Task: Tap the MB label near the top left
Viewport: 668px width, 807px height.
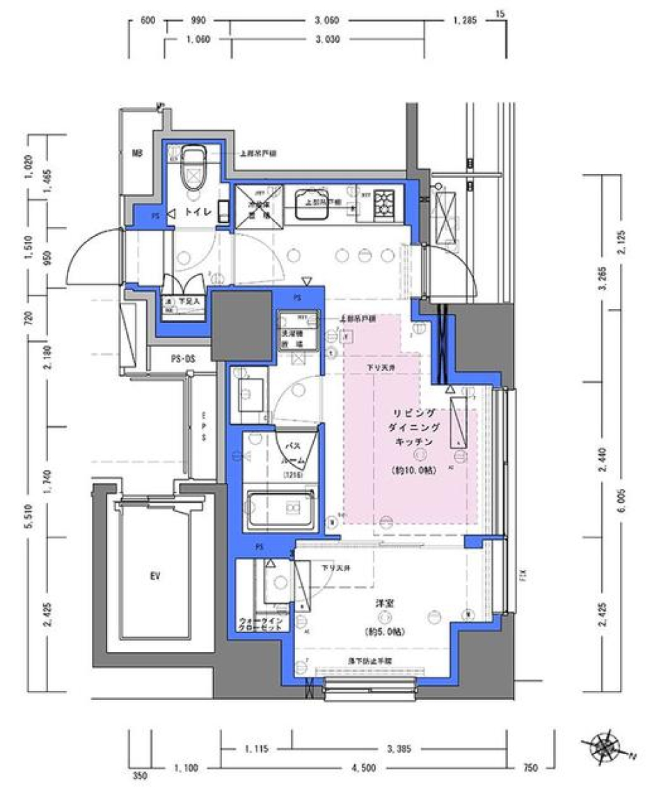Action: coord(137,154)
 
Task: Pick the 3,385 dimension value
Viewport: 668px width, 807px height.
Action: coord(401,749)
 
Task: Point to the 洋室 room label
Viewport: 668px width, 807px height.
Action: coord(383,605)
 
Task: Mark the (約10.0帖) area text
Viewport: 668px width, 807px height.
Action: coord(415,470)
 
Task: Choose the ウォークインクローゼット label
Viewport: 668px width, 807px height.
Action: coord(260,623)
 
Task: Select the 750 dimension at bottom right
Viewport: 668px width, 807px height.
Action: coord(530,768)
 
